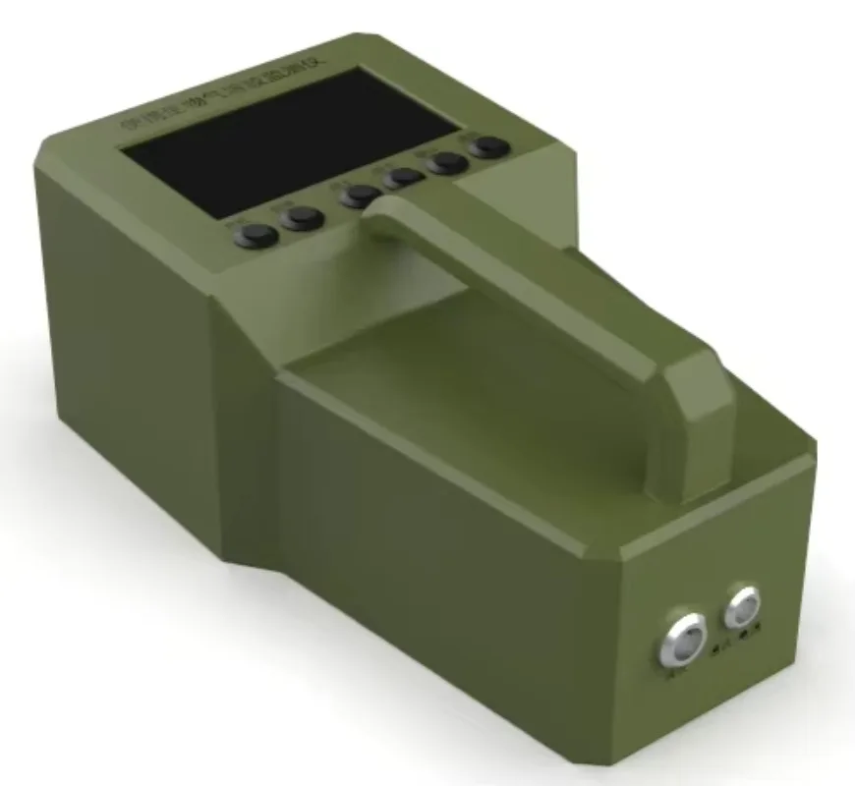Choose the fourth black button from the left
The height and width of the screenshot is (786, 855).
pyautogui.click(x=402, y=178)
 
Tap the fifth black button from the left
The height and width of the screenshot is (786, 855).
pyautogui.click(x=448, y=162)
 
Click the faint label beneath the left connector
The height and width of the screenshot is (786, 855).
pyautogui.click(x=677, y=675)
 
